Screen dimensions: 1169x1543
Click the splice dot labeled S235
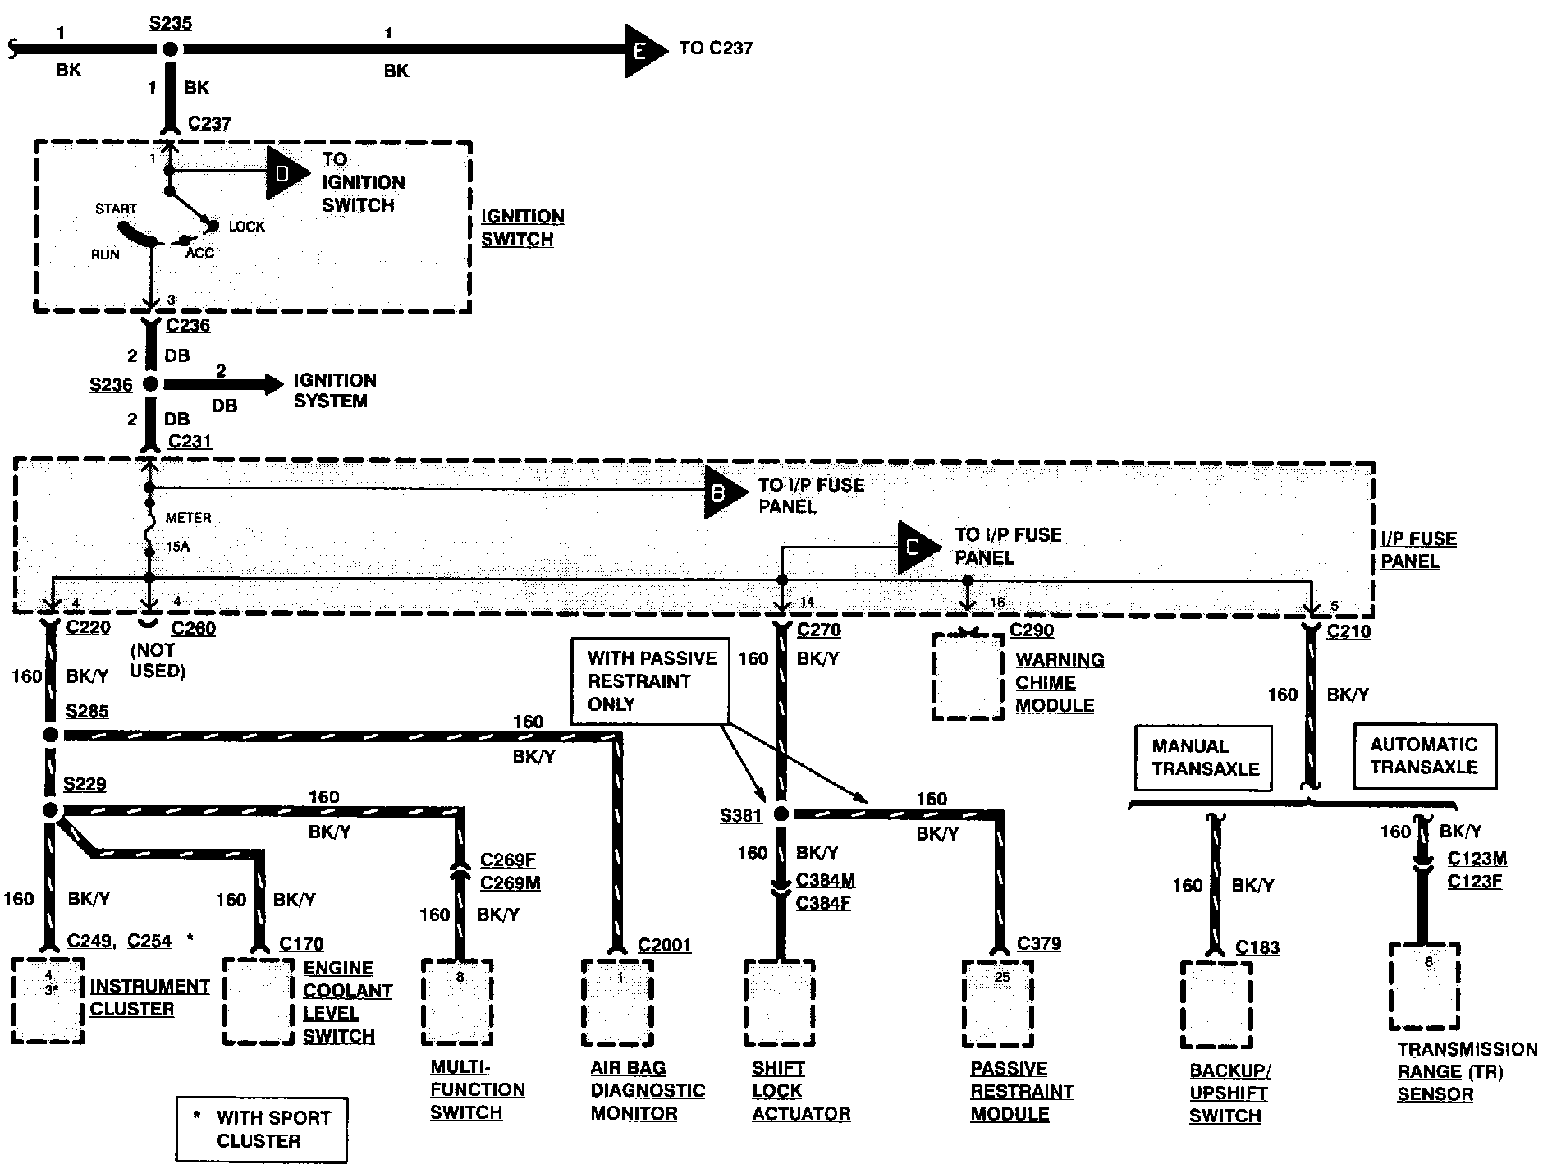pos(170,49)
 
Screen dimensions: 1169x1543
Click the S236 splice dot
pos(150,383)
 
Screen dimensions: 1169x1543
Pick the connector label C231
pos(190,442)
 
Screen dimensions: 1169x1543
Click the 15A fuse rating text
pos(177,547)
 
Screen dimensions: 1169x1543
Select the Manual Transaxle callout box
pos(1204,758)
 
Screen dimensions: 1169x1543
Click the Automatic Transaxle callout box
pos(1424,756)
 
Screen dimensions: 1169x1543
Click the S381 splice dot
pos(781,814)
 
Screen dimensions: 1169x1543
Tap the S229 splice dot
pos(51,811)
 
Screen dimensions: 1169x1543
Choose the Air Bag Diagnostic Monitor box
pos(617,1002)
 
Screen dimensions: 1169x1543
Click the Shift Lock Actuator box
pos(779,1002)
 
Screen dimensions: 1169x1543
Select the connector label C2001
pos(665,946)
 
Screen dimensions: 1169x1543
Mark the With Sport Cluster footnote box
pos(261,1130)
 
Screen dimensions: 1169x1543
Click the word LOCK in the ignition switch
pos(247,227)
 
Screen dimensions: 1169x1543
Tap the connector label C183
pos(1257,947)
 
